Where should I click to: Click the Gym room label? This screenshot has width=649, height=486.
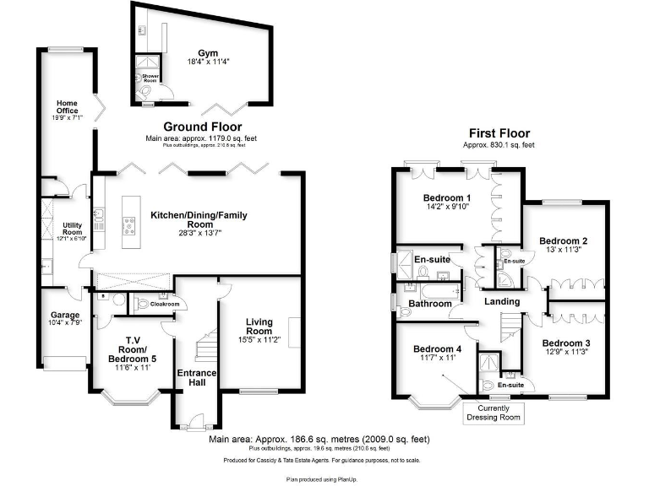coord(208,51)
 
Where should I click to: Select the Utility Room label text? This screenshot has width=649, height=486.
coord(69,231)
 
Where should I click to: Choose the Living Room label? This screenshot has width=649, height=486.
coord(259,327)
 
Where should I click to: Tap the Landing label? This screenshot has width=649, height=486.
coord(501,301)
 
